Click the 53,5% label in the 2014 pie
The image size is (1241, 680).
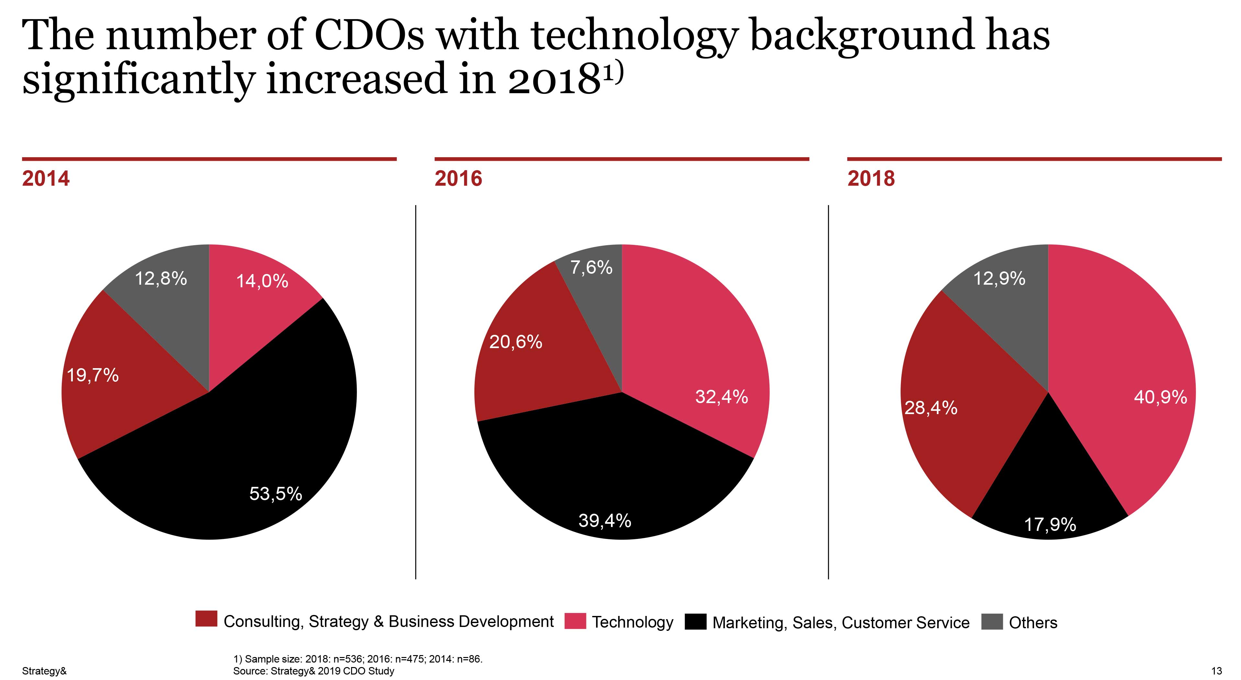(276, 494)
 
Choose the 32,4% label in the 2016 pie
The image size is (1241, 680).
(721, 397)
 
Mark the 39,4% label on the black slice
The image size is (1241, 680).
(604, 521)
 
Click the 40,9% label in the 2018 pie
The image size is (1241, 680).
(1160, 397)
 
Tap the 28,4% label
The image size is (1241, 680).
(931, 408)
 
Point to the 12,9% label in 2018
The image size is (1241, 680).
(999, 278)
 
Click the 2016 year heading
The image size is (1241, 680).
(458, 179)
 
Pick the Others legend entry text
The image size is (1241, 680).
(1033, 623)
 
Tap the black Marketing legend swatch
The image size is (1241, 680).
(695, 622)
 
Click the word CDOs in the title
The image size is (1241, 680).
(369, 36)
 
